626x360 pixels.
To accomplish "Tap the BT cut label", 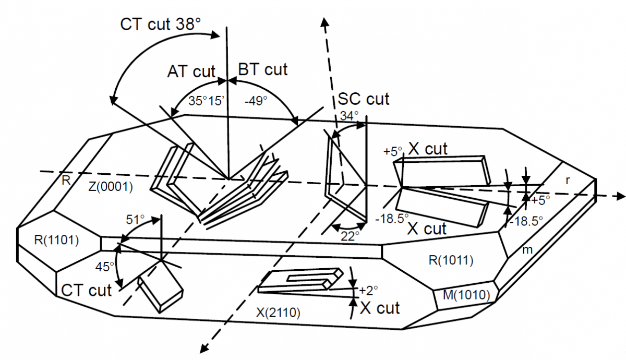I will [262, 69].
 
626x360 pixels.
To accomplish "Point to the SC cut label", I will [364, 98].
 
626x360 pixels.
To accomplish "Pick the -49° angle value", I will [256, 101].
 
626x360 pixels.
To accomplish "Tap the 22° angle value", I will [348, 236].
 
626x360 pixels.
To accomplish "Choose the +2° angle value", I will [368, 289].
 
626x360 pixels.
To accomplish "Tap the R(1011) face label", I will [450, 259].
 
